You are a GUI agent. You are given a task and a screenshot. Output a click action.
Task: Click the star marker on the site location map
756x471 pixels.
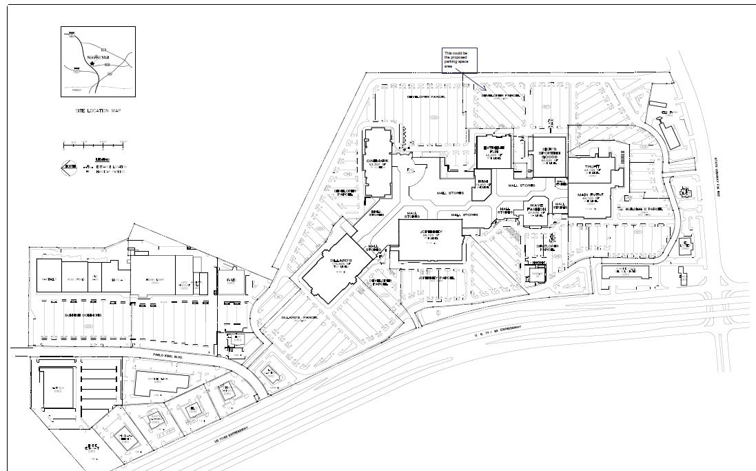pyautogui.click(x=92, y=63)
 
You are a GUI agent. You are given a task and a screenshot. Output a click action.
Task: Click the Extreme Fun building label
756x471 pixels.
pyautogui.click(x=491, y=150)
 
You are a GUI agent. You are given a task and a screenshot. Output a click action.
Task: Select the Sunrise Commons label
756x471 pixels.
pyautogui.click(x=83, y=315)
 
